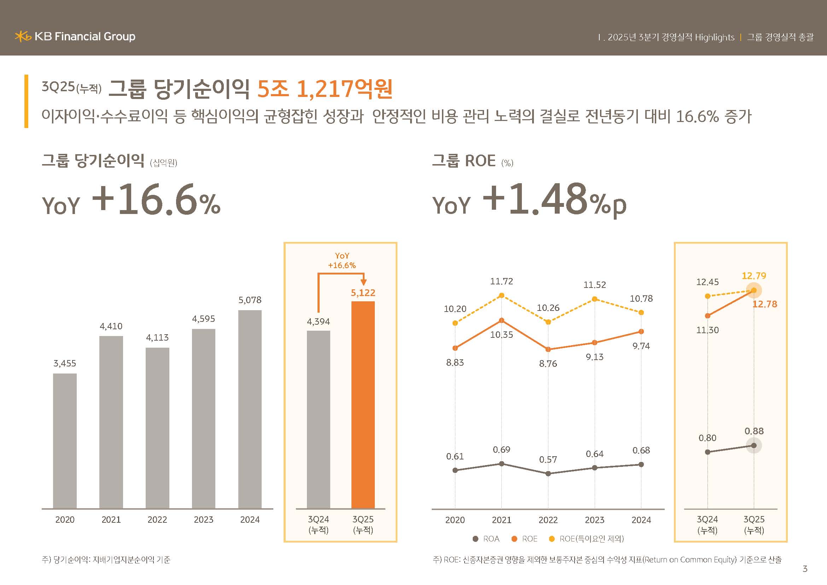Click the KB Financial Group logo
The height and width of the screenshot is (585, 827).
[75, 36]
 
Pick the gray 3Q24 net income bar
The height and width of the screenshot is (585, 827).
[319, 419]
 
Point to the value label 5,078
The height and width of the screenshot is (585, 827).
[250, 300]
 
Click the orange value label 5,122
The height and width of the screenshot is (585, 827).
[363, 292]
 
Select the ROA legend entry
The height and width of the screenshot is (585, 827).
[486, 539]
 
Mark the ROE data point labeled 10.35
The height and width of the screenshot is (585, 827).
[501, 320]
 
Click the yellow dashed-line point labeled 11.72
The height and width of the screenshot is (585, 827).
[501, 295]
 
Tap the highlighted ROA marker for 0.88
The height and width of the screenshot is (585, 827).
[753, 446]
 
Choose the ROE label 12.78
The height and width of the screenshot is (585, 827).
[764, 304]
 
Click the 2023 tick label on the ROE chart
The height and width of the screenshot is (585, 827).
[594, 520]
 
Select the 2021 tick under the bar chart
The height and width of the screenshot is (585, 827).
[111, 520]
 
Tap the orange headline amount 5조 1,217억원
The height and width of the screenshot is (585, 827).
[325, 89]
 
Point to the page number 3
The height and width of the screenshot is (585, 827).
[805, 569]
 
